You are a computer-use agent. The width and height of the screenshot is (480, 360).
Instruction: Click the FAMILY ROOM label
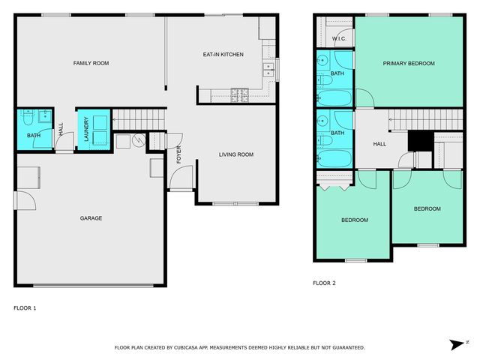(x=91, y=64)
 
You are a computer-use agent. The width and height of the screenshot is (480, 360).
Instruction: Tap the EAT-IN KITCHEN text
(x=223, y=55)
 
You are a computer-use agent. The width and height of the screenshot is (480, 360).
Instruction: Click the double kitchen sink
(x=268, y=70)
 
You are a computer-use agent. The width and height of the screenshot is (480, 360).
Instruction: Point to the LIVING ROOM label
(x=236, y=155)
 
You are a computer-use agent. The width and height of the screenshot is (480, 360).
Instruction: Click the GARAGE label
(x=91, y=218)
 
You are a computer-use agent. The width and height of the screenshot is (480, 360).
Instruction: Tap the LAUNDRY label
(x=86, y=129)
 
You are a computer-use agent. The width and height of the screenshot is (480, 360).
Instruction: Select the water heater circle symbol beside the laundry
(x=138, y=140)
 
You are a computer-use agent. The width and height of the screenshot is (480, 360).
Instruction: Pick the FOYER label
(x=178, y=155)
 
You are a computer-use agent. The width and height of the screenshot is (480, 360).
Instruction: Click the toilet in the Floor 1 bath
(x=27, y=118)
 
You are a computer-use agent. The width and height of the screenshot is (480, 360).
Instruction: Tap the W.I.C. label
(x=337, y=37)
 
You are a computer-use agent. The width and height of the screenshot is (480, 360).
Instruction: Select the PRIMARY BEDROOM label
(x=409, y=64)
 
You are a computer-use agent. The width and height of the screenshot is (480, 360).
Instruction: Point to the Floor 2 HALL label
(x=379, y=143)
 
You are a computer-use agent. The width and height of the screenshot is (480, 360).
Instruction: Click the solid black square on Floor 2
(x=416, y=141)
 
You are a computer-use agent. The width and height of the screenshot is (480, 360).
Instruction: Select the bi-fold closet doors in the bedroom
(x=334, y=181)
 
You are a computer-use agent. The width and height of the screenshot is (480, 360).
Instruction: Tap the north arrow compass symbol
(x=457, y=344)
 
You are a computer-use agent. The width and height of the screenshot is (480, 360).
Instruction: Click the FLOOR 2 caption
(x=324, y=283)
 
